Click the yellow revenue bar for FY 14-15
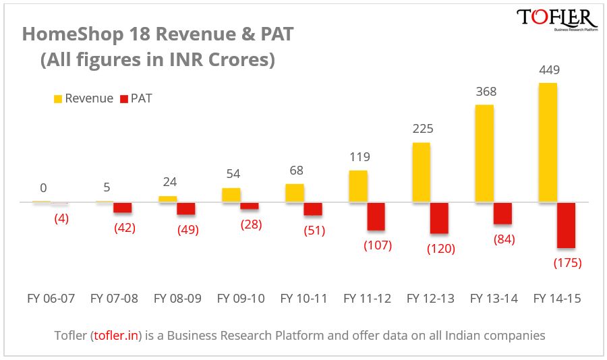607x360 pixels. (x=548, y=142)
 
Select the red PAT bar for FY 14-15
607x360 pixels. (x=566, y=225)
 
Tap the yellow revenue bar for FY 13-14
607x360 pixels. (x=484, y=153)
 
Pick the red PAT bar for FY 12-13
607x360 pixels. (x=440, y=218)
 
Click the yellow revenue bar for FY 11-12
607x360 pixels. (x=358, y=186)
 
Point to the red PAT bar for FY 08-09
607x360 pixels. (x=186, y=209)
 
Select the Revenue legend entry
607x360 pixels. (x=83, y=98)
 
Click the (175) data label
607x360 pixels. (x=567, y=262)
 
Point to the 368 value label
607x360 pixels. (x=486, y=92)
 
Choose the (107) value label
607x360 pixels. (x=378, y=245)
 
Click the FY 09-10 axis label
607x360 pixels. (x=240, y=299)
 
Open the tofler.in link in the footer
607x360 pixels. (x=116, y=334)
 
